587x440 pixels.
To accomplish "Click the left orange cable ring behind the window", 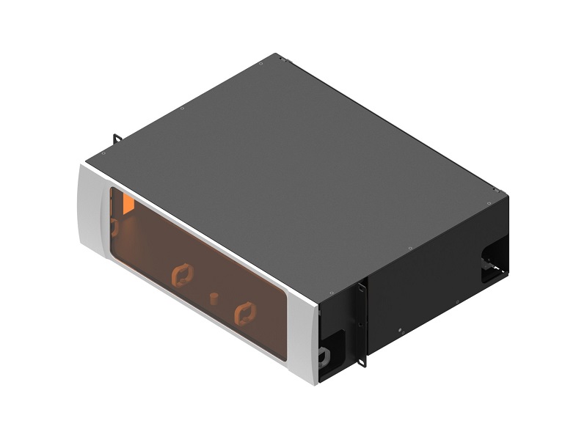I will tap(181, 276).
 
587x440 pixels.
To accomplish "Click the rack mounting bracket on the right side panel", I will tap(361, 323).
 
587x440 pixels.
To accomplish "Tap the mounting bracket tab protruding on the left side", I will tap(117, 139).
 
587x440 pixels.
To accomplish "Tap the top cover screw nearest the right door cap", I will tap(319, 298).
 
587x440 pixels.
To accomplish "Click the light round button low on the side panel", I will tap(399, 329).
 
